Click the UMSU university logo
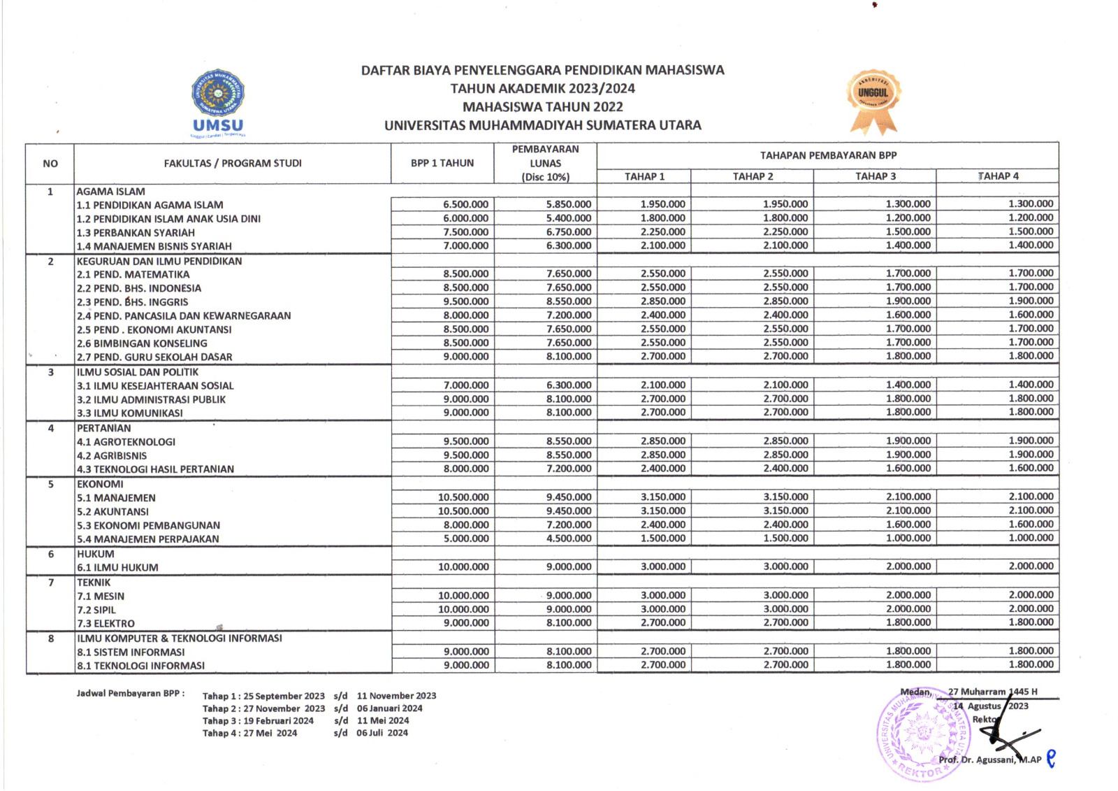(218, 101)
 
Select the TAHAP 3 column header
(875, 176)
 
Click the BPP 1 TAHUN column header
(442, 163)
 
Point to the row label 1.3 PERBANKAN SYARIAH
(136, 232)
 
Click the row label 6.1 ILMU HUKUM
(117, 567)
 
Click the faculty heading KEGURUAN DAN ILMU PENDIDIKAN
(159, 261)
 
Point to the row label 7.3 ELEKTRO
(106, 623)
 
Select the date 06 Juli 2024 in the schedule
(382, 733)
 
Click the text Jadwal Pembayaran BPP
(131, 693)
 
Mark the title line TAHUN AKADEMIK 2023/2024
(542, 88)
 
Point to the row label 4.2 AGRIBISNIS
(112, 455)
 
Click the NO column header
(50, 164)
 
